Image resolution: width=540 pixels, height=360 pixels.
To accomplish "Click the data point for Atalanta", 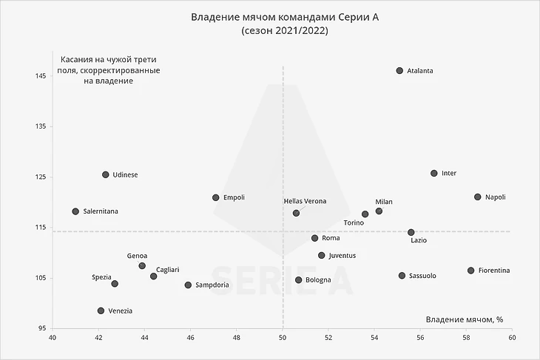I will pos(399,71).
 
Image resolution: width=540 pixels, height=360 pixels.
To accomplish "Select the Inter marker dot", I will pos(434,174).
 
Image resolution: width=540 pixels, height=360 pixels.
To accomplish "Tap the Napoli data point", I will pos(478,197).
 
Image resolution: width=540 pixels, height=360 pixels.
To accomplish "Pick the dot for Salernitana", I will pos(75,211).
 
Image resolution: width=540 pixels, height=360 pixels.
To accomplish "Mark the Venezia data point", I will pos(101,311).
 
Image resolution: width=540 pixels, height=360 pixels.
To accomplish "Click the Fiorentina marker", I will pos(470,271).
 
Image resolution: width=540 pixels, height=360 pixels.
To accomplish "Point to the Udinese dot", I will pos(106,175).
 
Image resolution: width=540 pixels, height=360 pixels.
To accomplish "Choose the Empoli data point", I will pos(216,198).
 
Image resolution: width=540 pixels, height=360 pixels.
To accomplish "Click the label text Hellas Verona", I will pos(305,201).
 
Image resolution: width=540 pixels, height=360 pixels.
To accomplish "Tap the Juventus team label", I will pos(342,256).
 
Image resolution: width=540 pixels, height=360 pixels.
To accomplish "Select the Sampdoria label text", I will pos(212,285).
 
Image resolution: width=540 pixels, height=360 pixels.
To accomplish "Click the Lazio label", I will pos(419,240).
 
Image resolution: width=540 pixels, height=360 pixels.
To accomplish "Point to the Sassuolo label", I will pos(422,276).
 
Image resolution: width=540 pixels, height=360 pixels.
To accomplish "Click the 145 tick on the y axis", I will pos(40,76).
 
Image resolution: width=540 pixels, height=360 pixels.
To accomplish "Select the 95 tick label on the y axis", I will pos(41,328).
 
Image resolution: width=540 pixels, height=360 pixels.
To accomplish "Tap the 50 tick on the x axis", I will pos(283,339).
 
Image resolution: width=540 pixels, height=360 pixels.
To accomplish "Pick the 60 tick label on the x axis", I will pos(512,339).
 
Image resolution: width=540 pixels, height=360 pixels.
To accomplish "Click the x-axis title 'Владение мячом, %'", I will pos(465,319).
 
